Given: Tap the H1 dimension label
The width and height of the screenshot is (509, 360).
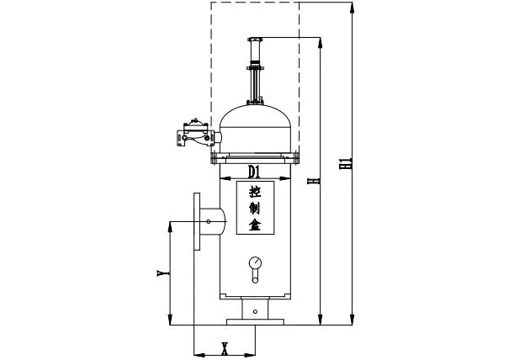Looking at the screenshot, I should (x=344, y=162).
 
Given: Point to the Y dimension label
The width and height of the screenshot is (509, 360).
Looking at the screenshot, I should (x=161, y=273).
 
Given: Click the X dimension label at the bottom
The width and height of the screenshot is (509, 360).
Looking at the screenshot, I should (x=224, y=347).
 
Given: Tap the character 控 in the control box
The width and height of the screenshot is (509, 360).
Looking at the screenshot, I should (x=256, y=192).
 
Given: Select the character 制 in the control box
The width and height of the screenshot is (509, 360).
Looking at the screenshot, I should (x=256, y=208).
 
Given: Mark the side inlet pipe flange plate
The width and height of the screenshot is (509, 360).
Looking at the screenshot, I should (x=197, y=221).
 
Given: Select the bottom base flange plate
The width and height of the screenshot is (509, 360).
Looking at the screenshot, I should (x=255, y=321).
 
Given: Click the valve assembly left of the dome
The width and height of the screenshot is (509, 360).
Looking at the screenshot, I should (x=191, y=133).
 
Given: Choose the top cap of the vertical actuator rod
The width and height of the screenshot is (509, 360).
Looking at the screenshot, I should (x=256, y=40).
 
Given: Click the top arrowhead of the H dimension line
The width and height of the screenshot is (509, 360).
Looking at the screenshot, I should (x=321, y=41).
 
